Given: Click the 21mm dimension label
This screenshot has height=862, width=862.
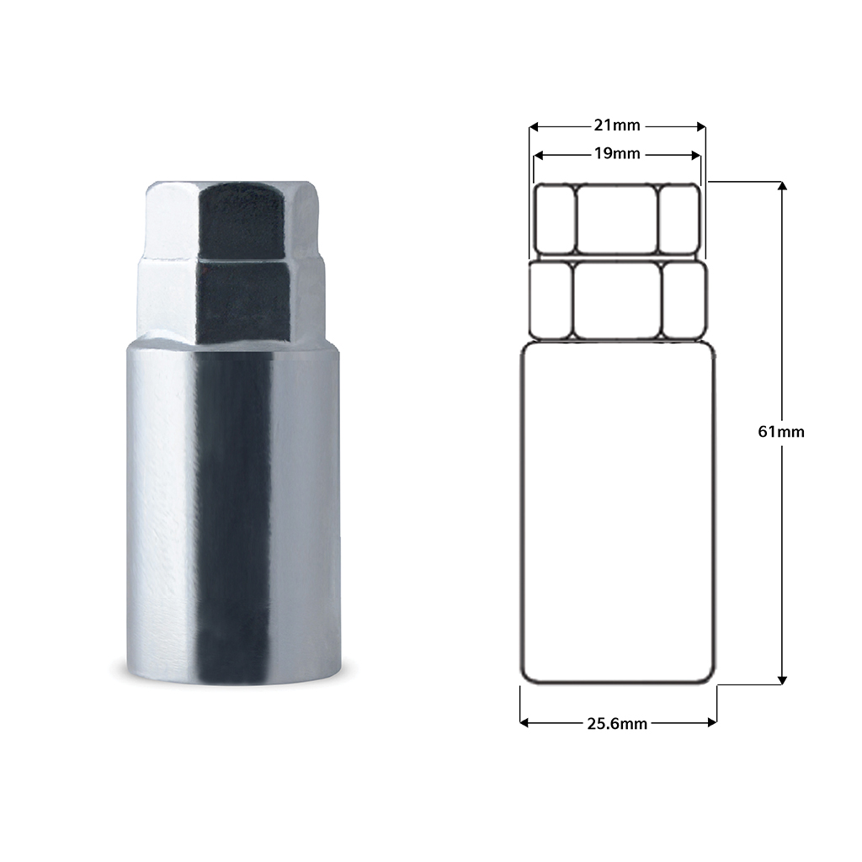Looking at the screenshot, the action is (617, 126).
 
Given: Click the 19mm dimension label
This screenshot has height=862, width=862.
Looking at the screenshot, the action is (617, 154).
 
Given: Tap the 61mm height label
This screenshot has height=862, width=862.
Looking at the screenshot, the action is (780, 432).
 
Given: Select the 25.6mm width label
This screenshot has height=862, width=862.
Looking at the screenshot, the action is (617, 724).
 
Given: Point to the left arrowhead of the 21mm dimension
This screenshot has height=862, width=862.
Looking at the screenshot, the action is (533, 127).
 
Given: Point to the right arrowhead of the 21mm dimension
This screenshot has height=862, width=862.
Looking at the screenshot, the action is (701, 127).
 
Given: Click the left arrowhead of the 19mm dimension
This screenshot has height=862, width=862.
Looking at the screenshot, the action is (538, 156).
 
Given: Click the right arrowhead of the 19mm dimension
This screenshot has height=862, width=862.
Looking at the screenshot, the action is (696, 156).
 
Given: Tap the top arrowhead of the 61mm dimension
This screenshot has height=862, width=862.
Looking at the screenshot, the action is (783, 186).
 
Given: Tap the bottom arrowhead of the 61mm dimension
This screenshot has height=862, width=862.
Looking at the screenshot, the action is (783, 680).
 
